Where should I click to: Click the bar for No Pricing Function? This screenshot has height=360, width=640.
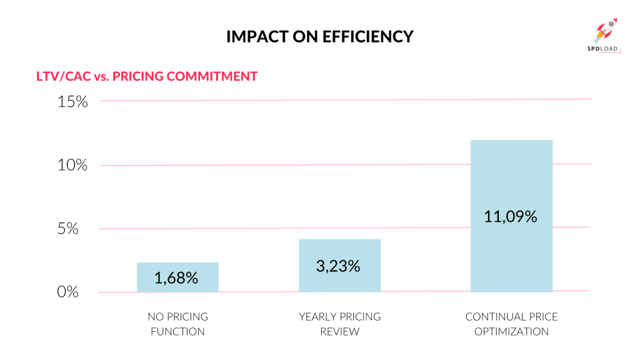177,277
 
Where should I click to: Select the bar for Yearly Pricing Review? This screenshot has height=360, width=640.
339,266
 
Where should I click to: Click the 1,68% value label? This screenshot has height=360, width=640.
177,278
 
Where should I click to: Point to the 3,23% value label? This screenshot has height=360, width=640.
339,266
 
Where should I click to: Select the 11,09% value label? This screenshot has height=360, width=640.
511,217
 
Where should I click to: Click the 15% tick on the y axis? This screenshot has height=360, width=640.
73,102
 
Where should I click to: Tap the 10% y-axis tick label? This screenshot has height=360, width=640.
73,166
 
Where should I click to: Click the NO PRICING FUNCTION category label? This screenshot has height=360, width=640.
177,324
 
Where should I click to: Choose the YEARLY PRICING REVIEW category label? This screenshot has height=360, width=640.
339,324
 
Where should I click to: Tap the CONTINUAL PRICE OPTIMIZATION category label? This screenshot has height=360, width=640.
511,324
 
